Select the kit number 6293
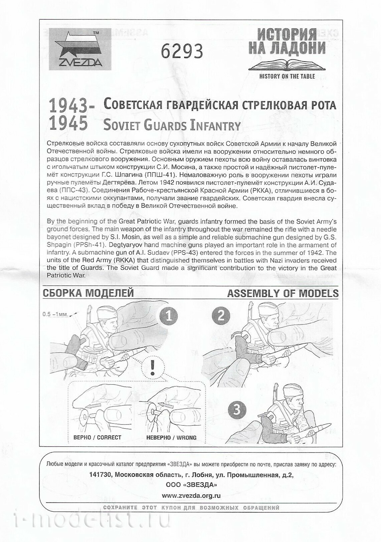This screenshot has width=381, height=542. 182,51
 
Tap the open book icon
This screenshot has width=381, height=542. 287,64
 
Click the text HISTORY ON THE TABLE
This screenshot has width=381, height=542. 287,76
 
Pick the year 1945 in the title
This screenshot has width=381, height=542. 68,124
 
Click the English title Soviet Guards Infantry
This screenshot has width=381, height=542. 172,125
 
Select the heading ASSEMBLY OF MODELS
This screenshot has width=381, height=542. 282,293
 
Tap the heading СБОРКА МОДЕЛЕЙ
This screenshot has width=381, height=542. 88,293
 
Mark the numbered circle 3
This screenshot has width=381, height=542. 236,410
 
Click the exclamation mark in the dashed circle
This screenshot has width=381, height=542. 153,367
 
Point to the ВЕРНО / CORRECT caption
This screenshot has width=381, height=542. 97,437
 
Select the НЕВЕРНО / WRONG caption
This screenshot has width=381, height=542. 171,437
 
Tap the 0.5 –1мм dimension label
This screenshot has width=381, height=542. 55,314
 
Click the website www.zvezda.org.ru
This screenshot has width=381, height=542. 191,496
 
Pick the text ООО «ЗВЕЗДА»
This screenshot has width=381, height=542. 191,485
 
